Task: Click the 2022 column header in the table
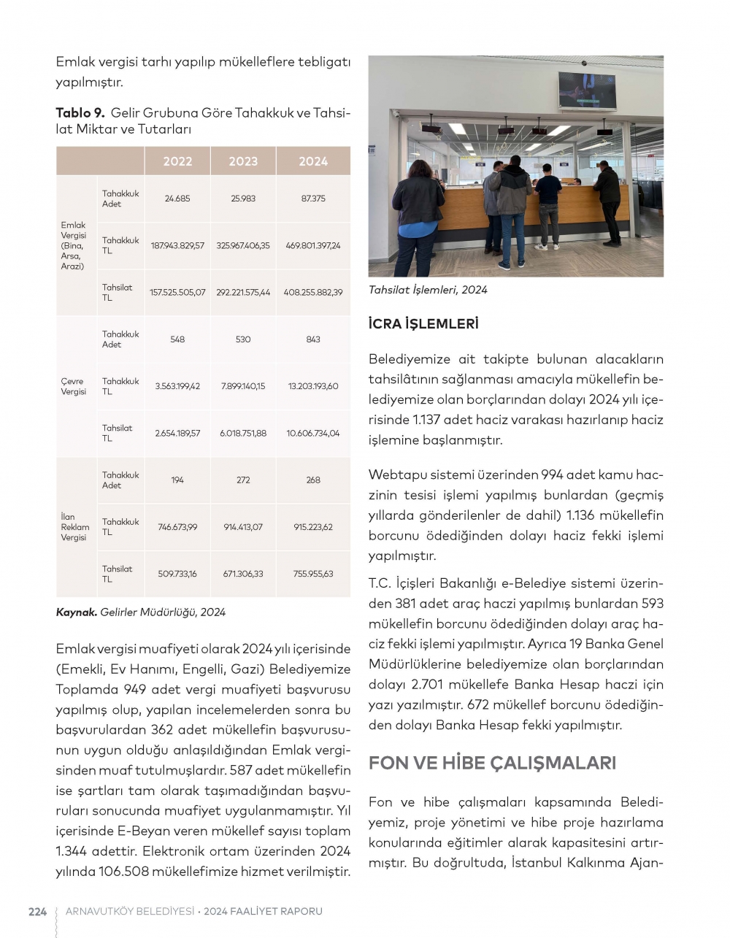coord(177,161)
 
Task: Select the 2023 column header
coord(243,161)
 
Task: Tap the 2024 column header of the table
coord(313,161)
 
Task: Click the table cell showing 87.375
coord(313,199)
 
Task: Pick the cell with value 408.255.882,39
coord(313,292)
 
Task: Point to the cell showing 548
coord(177,339)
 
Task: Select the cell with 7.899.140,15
coord(243,386)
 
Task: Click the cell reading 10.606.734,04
coord(313,433)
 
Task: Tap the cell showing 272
coord(243,480)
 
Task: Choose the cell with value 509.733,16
coord(177,574)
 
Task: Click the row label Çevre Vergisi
coord(73,386)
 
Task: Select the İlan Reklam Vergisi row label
coord(74,527)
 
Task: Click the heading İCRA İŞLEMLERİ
coord(423,323)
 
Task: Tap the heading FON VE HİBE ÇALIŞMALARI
coord(492,763)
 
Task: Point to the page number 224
coord(37,911)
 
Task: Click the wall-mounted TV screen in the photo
coord(586,91)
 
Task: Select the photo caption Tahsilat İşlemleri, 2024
coord(428,290)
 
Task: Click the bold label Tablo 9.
coord(80,112)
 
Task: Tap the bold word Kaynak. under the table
coord(76,612)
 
